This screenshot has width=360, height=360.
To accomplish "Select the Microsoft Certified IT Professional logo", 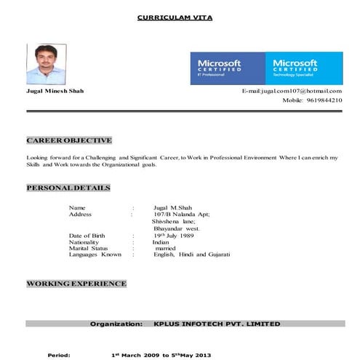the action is coord(226,68).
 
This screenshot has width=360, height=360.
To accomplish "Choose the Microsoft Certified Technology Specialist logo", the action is coord(301,68).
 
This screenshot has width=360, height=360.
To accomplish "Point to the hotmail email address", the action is coord(292,90).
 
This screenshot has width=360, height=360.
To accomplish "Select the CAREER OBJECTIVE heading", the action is coord(69,140).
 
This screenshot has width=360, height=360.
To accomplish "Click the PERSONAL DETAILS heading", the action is coord(68,188).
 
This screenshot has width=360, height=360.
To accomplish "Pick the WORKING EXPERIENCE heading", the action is coord(76,283).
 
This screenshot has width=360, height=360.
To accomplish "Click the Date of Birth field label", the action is coord(91,236).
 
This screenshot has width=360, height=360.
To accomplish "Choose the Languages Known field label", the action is coord(95,255).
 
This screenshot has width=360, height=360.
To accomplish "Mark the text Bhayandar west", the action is coord(177,228).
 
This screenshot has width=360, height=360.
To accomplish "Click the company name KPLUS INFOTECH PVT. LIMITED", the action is coord(217,323).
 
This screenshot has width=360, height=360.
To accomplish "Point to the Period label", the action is coord(59,356).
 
